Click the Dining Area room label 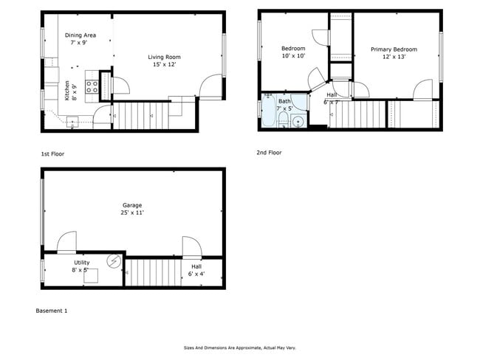point(80,35)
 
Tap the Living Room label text point(164,57)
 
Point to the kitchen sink point(72,123)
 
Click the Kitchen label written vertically point(67,91)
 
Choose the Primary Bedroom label point(394,49)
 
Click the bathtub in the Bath point(267,111)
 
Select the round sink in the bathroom point(298,122)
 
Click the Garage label point(132,205)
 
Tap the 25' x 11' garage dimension point(132,212)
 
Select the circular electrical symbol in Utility point(114,260)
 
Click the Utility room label point(81,263)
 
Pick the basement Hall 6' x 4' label point(196,270)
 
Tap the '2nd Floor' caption point(269,153)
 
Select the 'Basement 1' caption point(52,311)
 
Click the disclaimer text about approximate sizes point(239,347)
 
